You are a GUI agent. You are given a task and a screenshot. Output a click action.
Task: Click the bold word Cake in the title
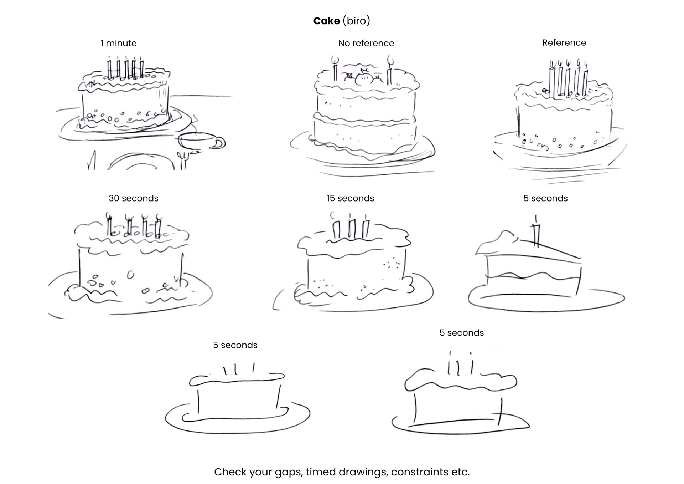(326, 21)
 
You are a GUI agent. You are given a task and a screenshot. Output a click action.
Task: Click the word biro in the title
(356, 21)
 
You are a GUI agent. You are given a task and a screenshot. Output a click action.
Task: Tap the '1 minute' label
(119, 43)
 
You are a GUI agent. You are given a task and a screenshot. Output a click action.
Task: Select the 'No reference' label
(366, 43)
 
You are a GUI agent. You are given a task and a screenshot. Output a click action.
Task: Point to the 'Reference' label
(564, 42)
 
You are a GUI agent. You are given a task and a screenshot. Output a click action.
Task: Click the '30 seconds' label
(133, 198)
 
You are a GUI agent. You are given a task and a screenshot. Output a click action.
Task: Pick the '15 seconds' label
(350, 198)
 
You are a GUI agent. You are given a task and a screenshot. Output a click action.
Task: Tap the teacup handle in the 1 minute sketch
(220, 143)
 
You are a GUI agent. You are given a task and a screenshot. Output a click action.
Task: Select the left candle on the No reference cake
(335, 70)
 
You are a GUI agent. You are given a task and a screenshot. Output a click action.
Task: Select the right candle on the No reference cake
(390, 71)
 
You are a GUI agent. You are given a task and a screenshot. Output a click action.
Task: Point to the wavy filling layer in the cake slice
(533, 276)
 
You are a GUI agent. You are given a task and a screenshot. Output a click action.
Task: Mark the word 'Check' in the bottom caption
(230, 472)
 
